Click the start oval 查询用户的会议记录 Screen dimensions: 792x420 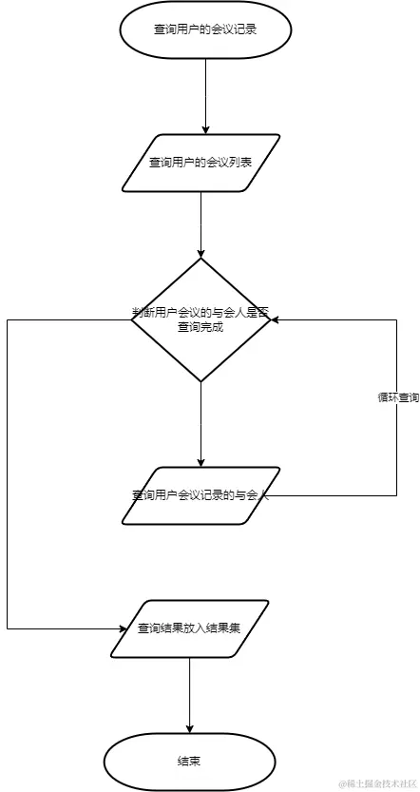pyautogui.click(x=205, y=29)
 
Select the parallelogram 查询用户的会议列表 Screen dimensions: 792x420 pyautogui.click(x=201, y=163)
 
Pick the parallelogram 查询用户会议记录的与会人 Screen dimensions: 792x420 pyautogui.click(x=201, y=494)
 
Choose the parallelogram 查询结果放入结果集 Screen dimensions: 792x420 pyautogui.click(x=189, y=628)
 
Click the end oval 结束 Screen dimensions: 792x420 pyautogui.click(x=189, y=762)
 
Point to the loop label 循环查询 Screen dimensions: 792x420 pyautogui.click(x=397, y=397)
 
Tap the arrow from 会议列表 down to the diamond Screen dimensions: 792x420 pyautogui.click(x=201, y=223)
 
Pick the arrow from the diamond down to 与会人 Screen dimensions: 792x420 pyautogui.click(x=201, y=423)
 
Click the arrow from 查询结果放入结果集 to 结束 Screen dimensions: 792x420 pyautogui.click(x=189, y=694)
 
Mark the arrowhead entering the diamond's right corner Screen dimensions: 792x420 pyautogui.click(x=277, y=320)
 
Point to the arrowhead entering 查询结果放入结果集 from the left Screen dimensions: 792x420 pyautogui.click(x=123, y=628)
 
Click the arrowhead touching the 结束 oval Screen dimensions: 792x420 pyautogui.click(x=189, y=727)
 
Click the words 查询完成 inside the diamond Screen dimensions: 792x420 pyautogui.click(x=201, y=327)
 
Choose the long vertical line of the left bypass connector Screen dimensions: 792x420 pyautogui.click(x=8, y=475)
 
